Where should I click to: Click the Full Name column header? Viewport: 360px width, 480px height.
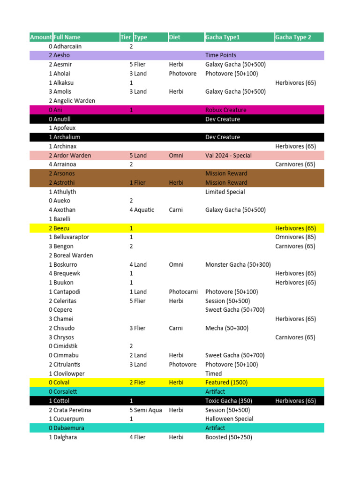coord(67,37)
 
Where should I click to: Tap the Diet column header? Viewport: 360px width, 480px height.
coord(174,37)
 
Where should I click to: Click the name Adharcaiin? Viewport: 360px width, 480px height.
coord(67,46)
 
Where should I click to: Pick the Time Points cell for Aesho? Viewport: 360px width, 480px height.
coord(221,55)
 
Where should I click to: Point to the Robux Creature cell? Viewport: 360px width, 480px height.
coord(226,110)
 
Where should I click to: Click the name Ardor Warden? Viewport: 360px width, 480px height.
coord(72,156)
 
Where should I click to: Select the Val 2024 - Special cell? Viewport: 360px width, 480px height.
coord(228,156)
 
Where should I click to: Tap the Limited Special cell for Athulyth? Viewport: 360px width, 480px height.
coord(225,192)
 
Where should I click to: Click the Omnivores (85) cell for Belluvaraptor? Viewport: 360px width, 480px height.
coord(295,237)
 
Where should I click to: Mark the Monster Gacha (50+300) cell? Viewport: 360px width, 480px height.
coord(238,265)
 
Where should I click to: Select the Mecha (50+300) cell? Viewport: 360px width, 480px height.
coord(227,328)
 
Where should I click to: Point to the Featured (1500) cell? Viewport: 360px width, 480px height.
coord(227,382)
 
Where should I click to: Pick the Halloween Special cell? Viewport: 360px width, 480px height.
coord(229,419)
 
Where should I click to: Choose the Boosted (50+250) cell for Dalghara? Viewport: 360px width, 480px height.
coord(229,437)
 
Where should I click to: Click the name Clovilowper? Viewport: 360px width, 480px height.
coord(69,374)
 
